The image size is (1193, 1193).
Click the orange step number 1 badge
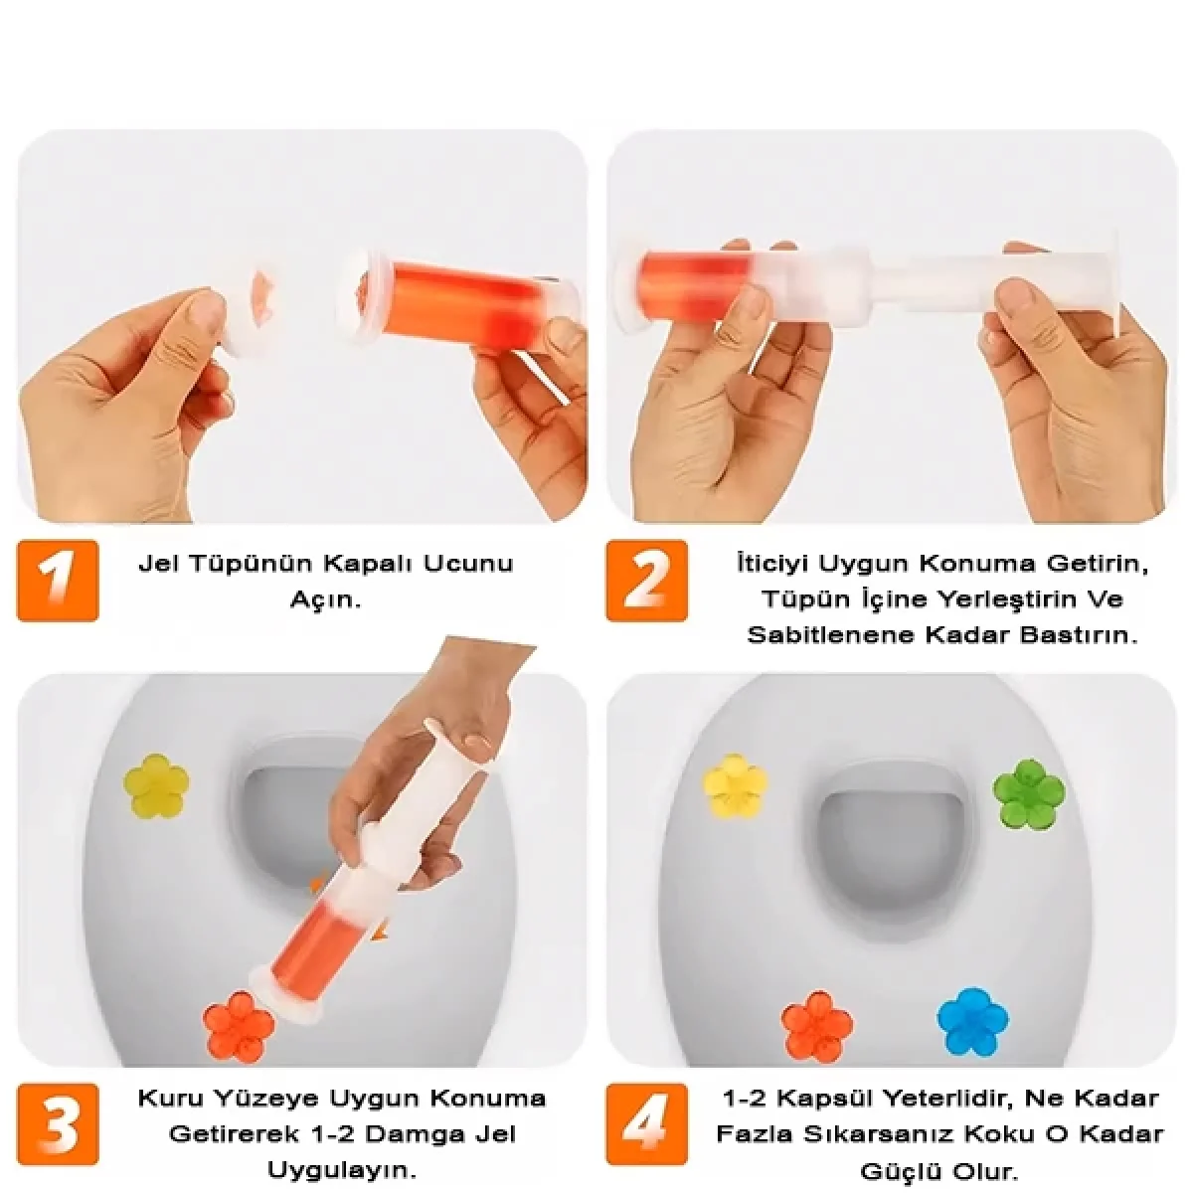57,580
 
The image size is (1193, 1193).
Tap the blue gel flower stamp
972,1023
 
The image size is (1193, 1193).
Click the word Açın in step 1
326,600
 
